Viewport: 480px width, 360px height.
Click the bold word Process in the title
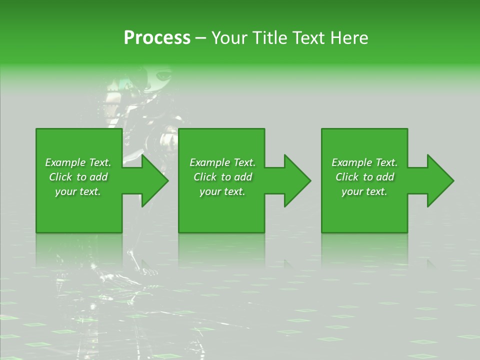click(157, 37)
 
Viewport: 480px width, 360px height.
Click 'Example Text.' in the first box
click(78, 162)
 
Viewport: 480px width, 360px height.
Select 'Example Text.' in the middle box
click(222, 162)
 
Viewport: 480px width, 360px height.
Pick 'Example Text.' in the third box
click(364, 162)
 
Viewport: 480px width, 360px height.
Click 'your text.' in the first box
click(78, 191)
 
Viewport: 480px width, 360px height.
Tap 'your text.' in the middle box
click(222, 191)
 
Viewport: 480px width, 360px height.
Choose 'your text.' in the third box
click(364, 191)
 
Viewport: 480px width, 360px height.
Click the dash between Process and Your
click(201, 38)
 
